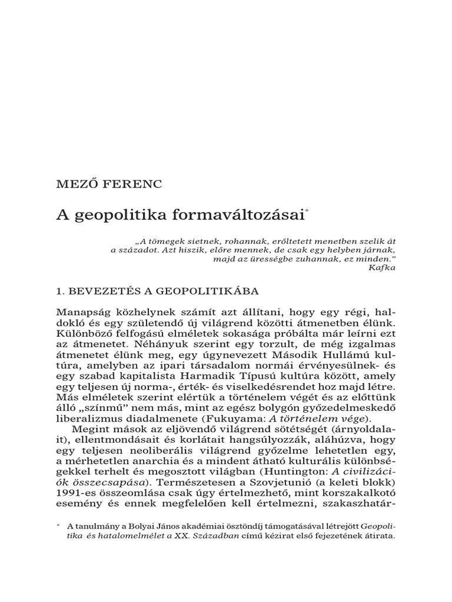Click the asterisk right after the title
click(307, 210)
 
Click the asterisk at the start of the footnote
click(58, 524)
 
